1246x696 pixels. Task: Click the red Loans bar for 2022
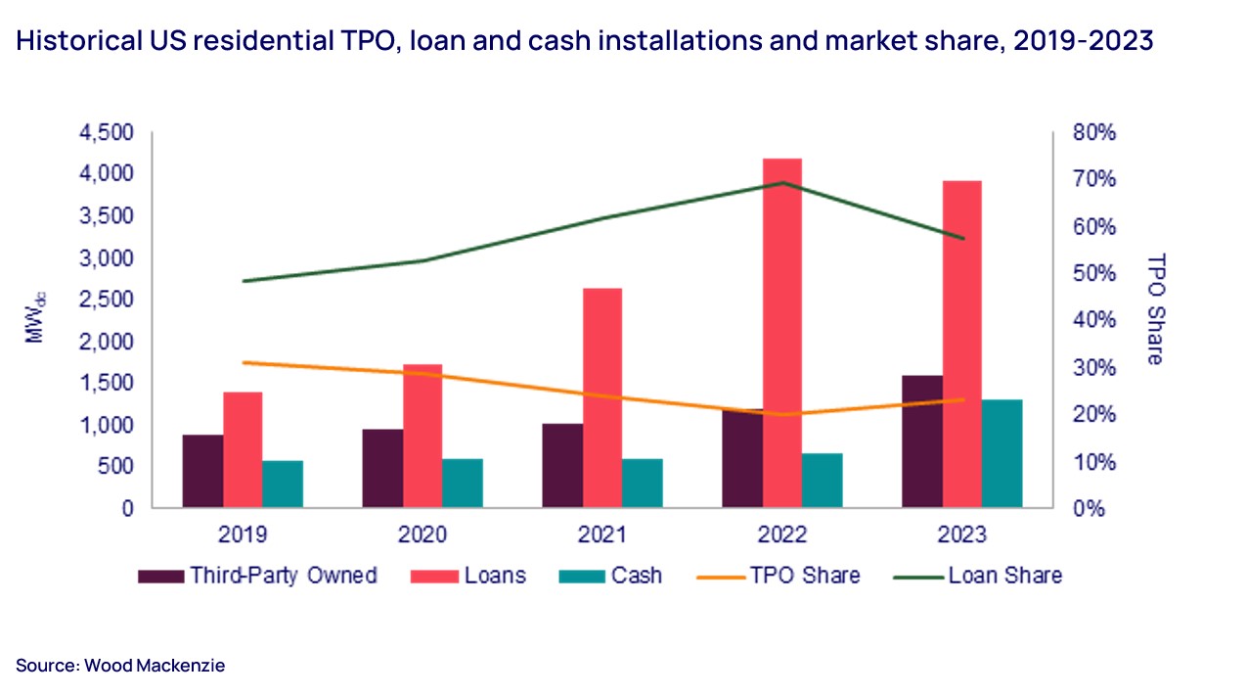(x=782, y=333)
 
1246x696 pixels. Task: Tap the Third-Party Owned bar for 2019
(x=202, y=471)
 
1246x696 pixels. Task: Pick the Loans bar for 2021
(x=602, y=397)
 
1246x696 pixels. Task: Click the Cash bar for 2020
(x=463, y=483)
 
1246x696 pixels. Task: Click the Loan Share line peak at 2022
(x=782, y=182)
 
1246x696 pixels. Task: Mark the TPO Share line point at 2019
(x=243, y=362)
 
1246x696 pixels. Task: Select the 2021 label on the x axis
(x=602, y=535)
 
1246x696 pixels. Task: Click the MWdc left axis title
(x=36, y=315)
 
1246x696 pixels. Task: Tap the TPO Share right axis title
(x=1155, y=309)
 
